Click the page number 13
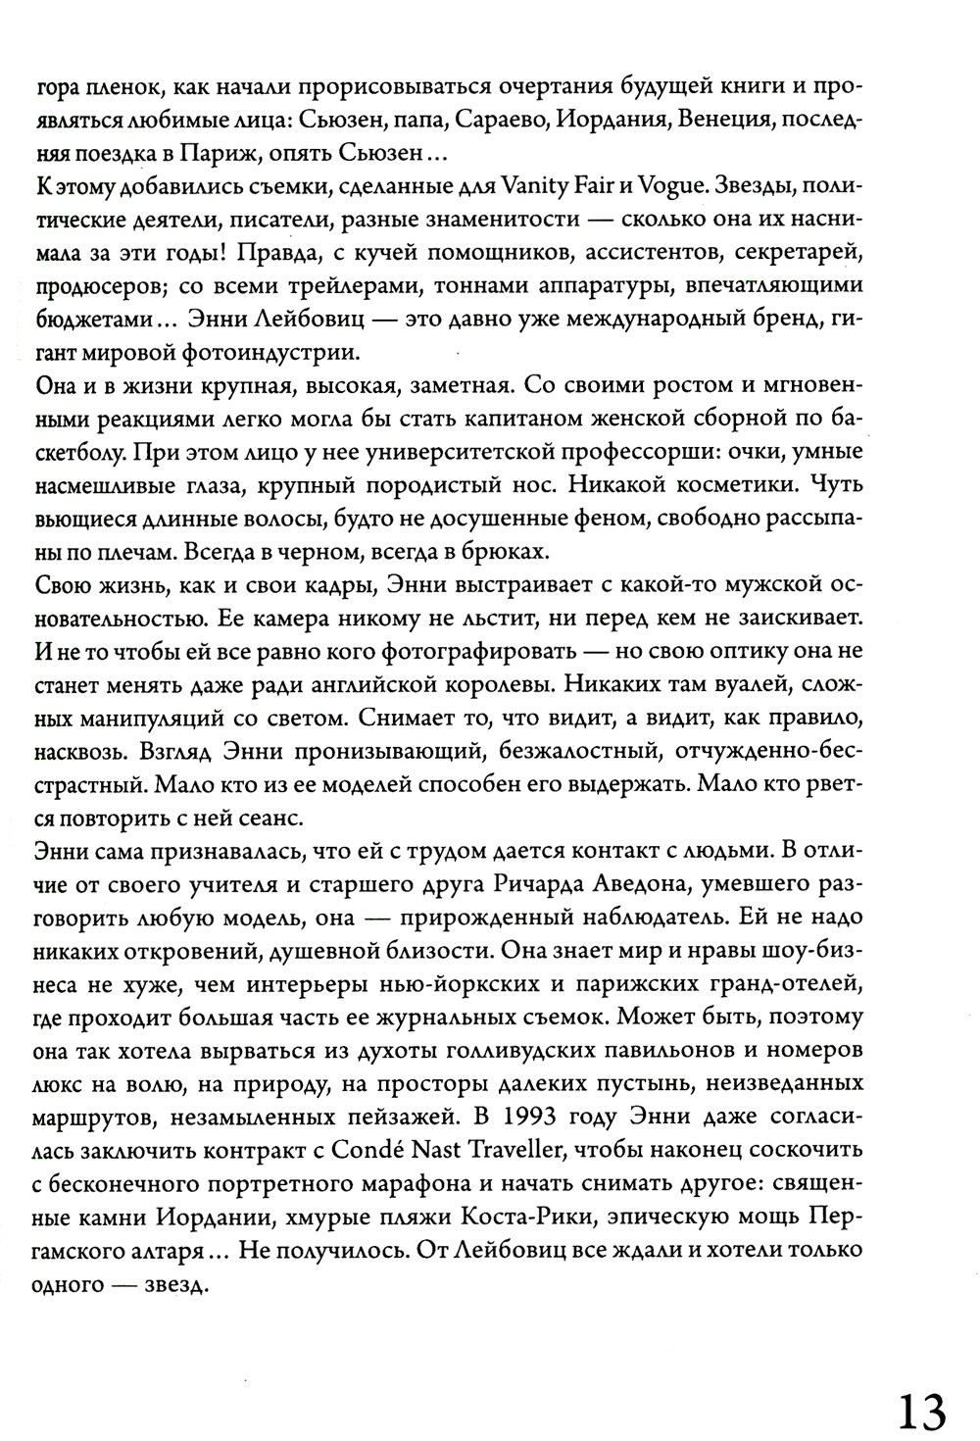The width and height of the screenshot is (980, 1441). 919,1384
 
